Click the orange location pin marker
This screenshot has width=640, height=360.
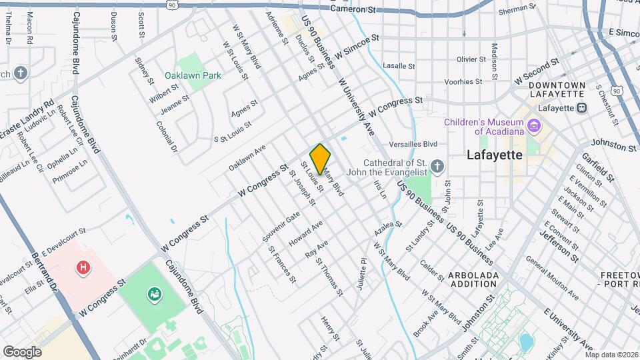[x=320, y=159]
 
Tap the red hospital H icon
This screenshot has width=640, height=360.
[x=83, y=267]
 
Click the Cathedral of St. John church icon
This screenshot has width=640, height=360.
[x=437, y=165]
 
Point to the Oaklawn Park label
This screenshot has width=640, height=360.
[x=193, y=75]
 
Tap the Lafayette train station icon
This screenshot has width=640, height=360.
[x=582, y=107]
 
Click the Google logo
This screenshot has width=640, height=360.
[x=22, y=351]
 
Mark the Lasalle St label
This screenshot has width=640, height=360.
[x=399, y=67]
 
